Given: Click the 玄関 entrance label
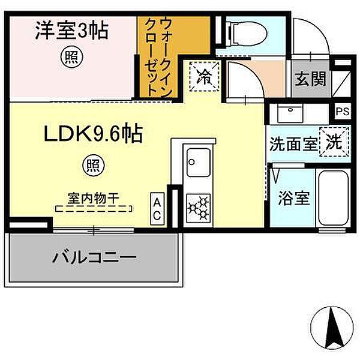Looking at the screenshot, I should point(310,78).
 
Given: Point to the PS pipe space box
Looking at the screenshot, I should point(342,111).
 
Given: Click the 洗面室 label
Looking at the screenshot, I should point(292,144).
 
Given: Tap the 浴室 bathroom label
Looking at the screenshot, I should point(294,198).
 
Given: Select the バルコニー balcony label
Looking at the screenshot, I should point(94,258).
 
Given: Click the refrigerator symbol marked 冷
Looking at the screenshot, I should point(205,77).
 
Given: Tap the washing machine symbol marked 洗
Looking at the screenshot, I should point(334,143).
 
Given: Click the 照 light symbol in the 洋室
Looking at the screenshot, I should point(71,57).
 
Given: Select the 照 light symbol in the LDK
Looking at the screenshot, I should point(92,164).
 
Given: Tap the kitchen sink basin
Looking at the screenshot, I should point(198,161).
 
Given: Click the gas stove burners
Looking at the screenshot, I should point(199,207).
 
